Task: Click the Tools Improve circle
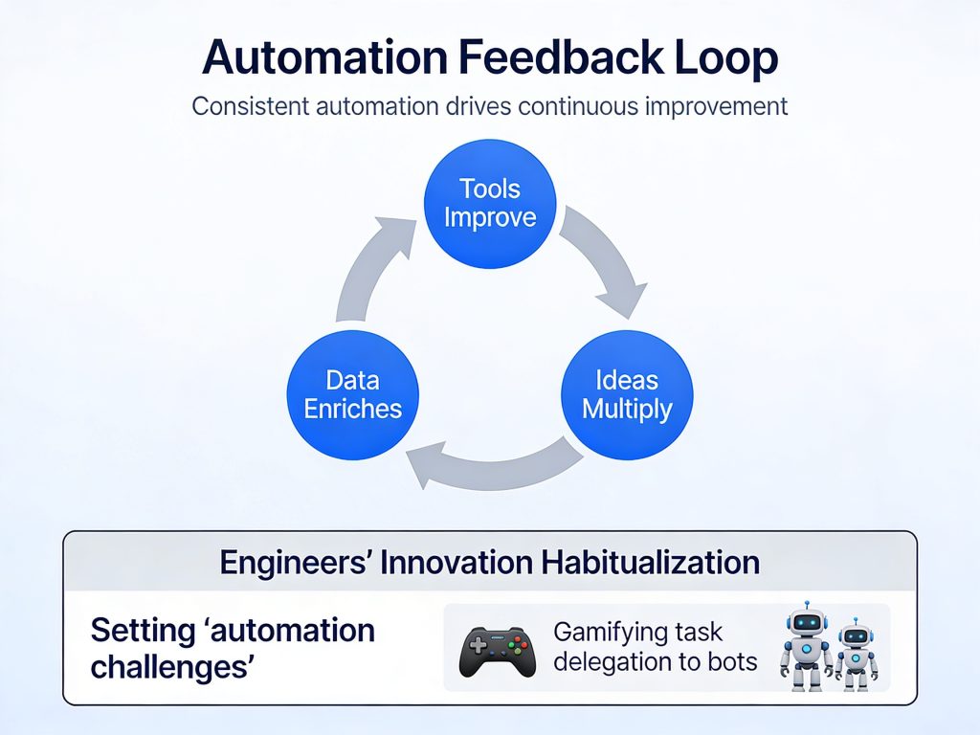point(490,204)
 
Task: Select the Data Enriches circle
point(352,395)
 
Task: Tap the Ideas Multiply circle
point(627,395)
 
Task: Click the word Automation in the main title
point(325,57)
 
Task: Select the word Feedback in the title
point(560,57)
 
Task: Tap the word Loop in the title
point(725,58)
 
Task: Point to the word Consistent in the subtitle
point(251,106)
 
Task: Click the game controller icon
point(498,652)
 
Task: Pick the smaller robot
point(856,654)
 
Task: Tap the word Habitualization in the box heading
point(651,562)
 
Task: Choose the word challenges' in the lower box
point(172,667)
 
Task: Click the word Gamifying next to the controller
point(600,633)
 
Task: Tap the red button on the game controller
point(518,641)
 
